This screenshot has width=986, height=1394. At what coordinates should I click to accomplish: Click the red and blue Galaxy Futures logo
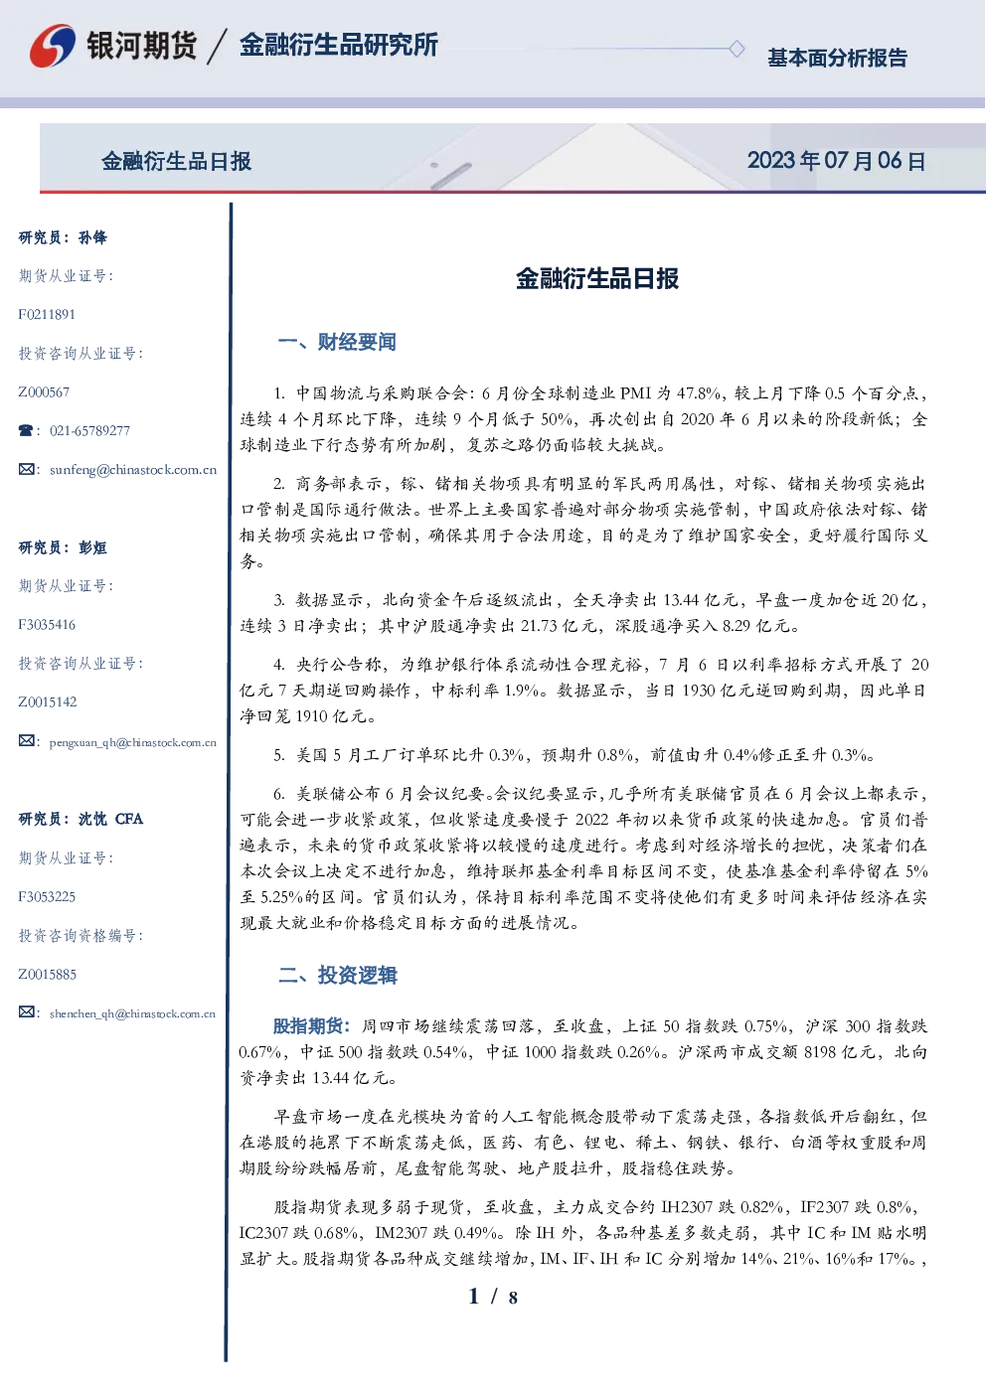click(53, 46)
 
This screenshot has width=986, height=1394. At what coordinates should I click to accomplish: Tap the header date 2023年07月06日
click(836, 161)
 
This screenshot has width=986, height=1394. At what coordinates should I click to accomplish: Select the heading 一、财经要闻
click(337, 342)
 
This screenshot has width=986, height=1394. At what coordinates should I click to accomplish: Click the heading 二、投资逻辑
click(337, 975)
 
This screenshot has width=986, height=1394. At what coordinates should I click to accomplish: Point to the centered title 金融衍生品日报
click(597, 278)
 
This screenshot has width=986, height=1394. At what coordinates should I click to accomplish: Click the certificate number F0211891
click(47, 314)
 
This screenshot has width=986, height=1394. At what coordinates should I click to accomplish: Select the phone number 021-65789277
click(89, 430)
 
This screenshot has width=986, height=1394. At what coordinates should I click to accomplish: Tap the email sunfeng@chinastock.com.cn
click(133, 470)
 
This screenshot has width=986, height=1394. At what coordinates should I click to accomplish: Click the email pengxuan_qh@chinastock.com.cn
click(132, 742)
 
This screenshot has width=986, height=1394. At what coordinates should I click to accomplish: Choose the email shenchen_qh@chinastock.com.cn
click(132, 1013)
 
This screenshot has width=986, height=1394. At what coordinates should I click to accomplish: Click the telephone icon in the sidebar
click(26, 430)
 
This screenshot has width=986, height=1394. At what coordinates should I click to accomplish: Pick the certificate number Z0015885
click(48, 975)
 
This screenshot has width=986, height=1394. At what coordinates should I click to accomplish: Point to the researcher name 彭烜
click(92, 547)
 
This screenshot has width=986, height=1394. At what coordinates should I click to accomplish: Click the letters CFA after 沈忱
click(129, 819)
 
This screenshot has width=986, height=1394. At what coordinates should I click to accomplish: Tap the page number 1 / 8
click(493, 1297)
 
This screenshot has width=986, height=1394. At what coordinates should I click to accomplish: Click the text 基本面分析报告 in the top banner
click(837, 58)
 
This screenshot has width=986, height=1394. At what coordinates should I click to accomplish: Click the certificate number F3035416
click(47, 625)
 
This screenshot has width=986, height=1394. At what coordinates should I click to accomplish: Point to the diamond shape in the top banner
click(737, 49)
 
